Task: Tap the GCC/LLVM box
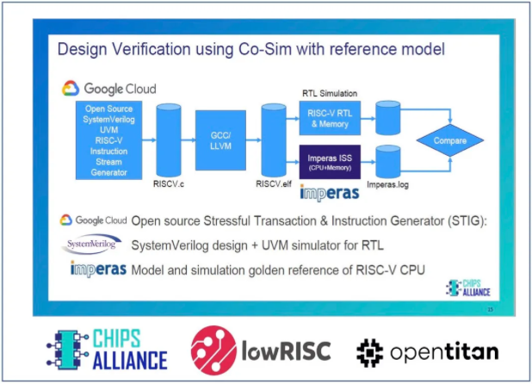tap(215, 139)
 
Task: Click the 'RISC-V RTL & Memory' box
tap(329, 114)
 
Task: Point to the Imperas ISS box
tap(329, 161)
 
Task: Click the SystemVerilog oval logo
tap(92, 246)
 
